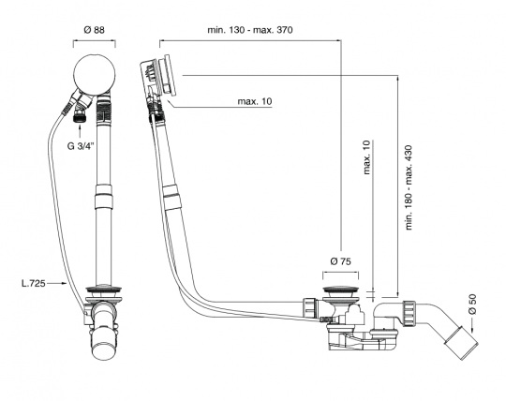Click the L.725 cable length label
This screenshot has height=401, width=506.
click(37, 282)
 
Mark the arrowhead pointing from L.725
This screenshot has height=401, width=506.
click(63, 282)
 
